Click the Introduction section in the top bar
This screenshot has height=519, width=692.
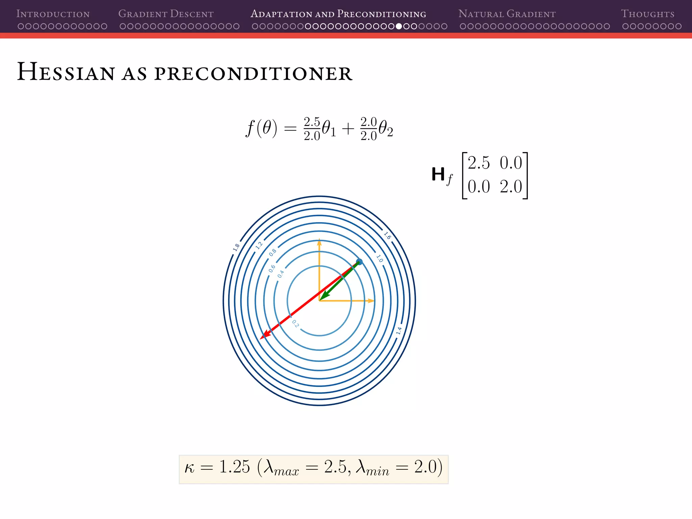tap(53, 14)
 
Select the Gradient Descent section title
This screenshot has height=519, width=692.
tap(166, 14)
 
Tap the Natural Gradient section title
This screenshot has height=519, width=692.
tap(507, 14)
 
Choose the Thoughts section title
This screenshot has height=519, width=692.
tap(647, 14)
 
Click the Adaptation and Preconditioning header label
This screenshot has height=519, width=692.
tap(338, 14)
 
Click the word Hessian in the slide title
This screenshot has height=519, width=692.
tap(66, 72)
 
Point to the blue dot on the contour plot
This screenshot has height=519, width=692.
tap(360, 262)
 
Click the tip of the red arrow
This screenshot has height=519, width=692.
tap(261, 338)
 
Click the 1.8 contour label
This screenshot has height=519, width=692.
tap(236, 247)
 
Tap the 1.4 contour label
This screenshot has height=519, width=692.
tap(399, 330)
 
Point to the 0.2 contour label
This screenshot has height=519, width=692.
tap(295, 324)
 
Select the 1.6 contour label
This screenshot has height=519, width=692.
tap(387, 236)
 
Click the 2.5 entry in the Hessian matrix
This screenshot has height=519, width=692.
tap(478, 163)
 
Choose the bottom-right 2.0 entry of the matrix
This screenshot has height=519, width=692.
tap(511, 187)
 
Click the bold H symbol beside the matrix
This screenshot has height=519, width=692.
tap(438, 174)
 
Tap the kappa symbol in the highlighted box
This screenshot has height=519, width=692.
tap(190, 468)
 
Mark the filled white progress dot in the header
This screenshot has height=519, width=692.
tap(399, 26)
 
